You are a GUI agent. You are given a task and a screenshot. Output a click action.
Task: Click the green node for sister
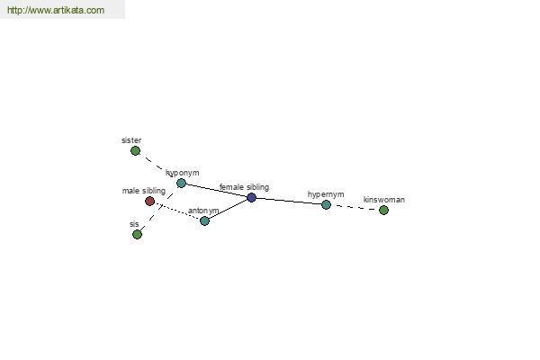(135, 151)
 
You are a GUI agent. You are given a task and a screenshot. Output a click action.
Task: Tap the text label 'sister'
(131, 140)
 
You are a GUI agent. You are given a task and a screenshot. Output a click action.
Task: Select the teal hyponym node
(181, 183)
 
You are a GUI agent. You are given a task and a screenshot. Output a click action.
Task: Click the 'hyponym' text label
(183, 173)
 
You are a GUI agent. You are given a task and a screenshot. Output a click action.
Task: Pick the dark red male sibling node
(149, 202)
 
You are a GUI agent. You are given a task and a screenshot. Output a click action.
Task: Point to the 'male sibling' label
(144, 191)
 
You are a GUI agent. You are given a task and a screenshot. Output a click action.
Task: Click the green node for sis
(137, 235)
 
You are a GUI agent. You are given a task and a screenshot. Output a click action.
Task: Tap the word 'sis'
(134, 224)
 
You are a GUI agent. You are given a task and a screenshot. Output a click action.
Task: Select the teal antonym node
(204, 220)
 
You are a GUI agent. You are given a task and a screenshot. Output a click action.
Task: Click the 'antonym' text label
(203, 211)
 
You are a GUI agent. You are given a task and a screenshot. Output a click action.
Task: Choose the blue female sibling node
(251, 197)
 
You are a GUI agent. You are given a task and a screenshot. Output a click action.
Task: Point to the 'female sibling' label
(244, 187)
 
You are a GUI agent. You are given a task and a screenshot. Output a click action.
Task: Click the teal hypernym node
(326, 204)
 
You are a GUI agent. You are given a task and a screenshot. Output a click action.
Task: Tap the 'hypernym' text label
(326, 194)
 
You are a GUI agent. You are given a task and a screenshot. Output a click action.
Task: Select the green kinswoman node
(383, 210)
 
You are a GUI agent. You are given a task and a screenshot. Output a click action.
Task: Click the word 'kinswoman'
(384, 200)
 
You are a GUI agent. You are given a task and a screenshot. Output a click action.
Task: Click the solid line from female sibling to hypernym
(288, 201)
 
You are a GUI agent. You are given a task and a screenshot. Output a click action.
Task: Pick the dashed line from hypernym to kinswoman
(355, 207)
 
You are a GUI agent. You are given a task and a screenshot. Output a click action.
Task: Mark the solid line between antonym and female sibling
(228, 209)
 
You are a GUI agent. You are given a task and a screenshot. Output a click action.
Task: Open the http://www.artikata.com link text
(56, 11)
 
